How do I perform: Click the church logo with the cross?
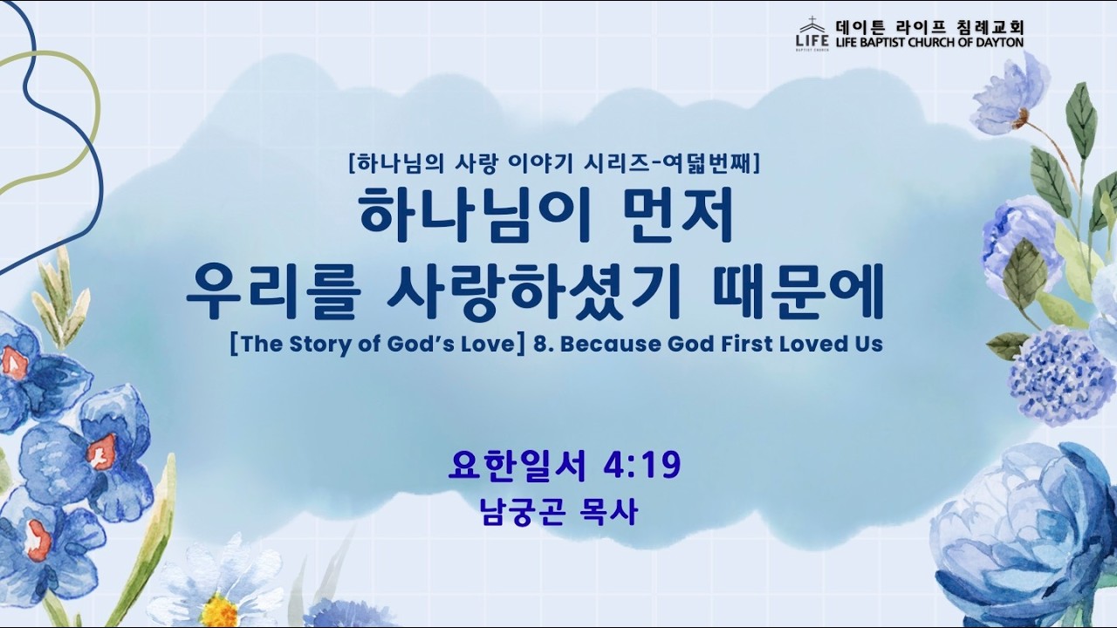click(812, 34)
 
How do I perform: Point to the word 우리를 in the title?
click(273, 292)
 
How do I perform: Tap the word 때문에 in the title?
click(798, 292)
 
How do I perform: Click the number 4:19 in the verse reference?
click(642, 465)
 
